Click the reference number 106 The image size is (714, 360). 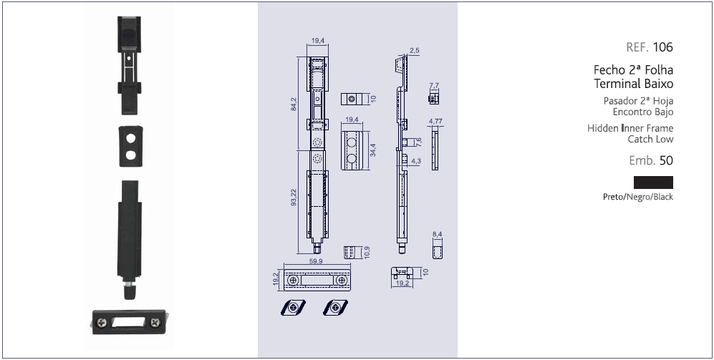662,47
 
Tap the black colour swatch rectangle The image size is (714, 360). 653,183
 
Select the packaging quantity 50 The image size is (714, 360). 666,160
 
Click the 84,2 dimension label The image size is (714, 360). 294,104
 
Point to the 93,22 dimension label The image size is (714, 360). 294,197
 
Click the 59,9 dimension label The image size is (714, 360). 316,261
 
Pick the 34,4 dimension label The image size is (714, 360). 373,150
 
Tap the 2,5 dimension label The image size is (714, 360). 415,51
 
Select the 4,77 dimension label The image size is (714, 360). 436,121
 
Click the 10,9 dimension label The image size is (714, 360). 367,252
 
